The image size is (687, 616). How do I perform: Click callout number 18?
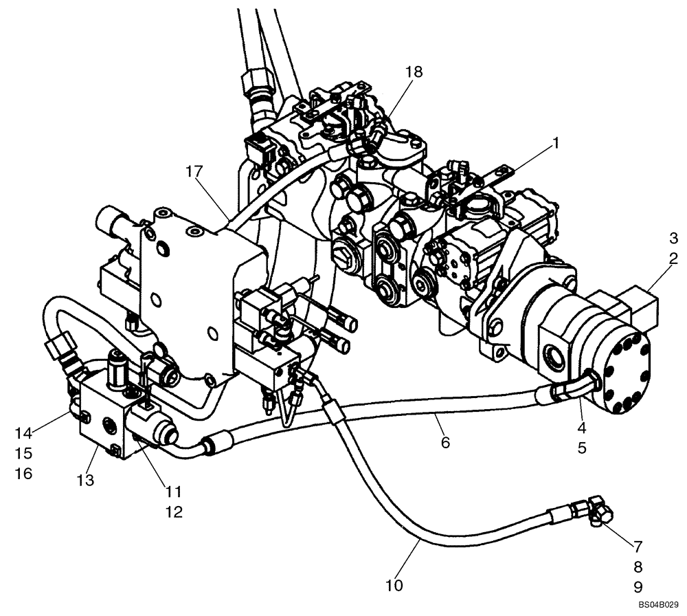tap(414, 71)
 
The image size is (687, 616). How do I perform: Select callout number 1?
tap(555, 143)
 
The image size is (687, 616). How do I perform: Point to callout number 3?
tap(673, 239)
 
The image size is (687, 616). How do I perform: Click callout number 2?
tap(673, 259)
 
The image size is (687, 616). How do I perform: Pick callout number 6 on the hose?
tap(445, 442)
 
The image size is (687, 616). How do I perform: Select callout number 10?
tap(395, 586)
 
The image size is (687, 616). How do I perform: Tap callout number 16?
tap(24, 474)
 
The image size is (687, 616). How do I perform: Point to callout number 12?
tap(174, 512)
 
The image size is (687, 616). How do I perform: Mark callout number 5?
tap(581, 448)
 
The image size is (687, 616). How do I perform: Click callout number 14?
tap(24, 432)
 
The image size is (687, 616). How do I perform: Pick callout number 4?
tap(581, 427)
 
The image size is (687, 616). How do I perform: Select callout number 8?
tap(638, 567)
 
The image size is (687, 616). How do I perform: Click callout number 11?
tap(174, 492)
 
